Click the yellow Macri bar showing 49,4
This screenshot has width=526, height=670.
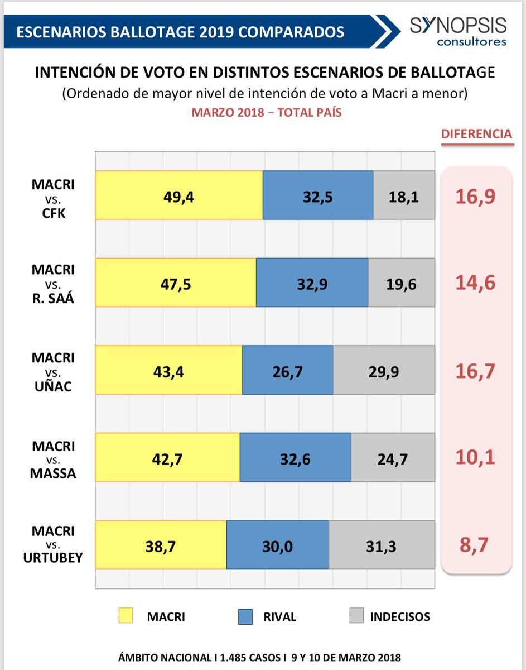tap(179, 195)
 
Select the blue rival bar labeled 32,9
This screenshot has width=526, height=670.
tap(312, 283)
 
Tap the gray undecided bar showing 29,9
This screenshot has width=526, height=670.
tap(384, 370)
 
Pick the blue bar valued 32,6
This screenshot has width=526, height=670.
tap(295, 458)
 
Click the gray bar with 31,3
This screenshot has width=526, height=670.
tap(382, 545)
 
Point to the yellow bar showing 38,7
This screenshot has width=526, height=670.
tap(161, 545)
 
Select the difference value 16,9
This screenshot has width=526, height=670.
tap(475, 197)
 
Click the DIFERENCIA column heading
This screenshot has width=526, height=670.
tap(476, 134)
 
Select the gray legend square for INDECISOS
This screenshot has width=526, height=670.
tap(357, 616)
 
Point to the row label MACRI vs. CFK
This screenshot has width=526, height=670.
tap(53, 198)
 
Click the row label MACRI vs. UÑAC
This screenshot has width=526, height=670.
tap(53, 371)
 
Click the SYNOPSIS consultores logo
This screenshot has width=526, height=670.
tap(458, 31)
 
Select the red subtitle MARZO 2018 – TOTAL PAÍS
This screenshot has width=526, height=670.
tap(267, 112)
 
